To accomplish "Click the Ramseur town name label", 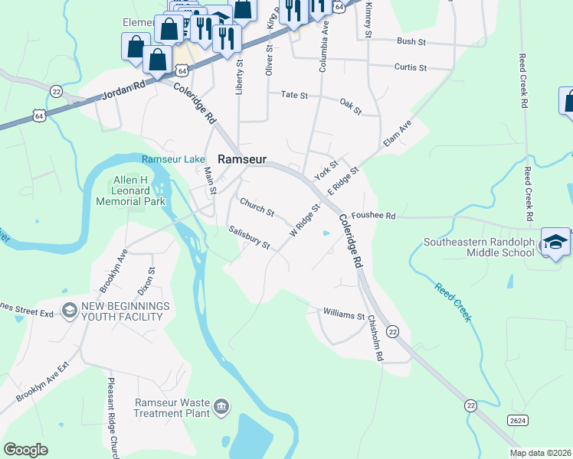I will pyautogui.click(x=242, y=159).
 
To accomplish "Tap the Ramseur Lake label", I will pyautogui.click(x=173, y=159).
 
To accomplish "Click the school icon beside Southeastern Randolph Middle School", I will pyautogui.click(x=555, y=243).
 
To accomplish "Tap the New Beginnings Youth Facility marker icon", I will pyautogui.click(x=70, y=311).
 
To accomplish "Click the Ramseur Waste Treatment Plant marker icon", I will pyautogui.click(x=221, y=405).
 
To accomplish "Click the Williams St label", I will pyautogui.click(x=344, y=314).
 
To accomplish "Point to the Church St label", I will pyautogui.click(x=257, y=207).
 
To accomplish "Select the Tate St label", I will pyautogui.click(x=293, y=96).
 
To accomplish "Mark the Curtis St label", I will pyautogui.click(x=410, y=67).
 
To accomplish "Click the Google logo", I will pyautogui.click(x=25, y=449).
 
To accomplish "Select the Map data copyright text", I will pyautogui.click(x=540, y=453).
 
